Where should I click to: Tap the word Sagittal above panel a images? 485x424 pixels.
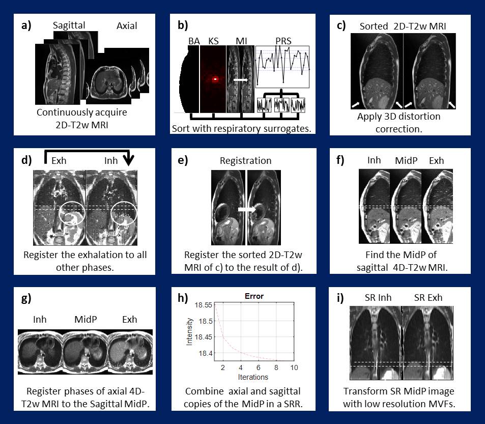pos(69,25)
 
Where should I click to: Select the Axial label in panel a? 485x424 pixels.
pos(126,25)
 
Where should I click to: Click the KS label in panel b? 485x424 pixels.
pos(211,40)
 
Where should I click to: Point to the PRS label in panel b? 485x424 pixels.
pos(283,40)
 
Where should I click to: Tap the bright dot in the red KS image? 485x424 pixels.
pos(215,79)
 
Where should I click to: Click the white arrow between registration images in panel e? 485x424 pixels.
pos(246,209)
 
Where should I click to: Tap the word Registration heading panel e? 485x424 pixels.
pos(245,160)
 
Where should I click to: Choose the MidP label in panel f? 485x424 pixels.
pos(406,160)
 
